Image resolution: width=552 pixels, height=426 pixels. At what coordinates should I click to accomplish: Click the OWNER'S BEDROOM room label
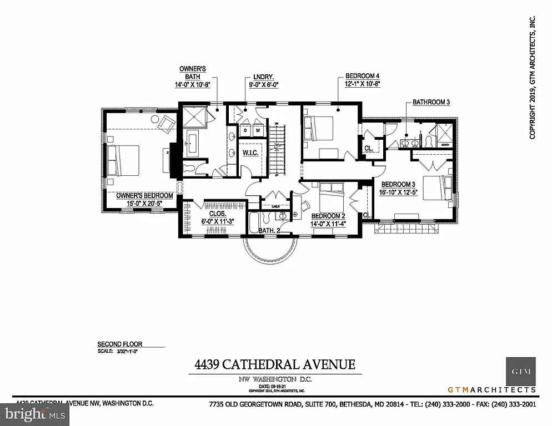144,196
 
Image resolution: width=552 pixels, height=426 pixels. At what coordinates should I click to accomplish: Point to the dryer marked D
245,130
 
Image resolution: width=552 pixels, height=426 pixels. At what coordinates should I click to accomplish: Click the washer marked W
258,130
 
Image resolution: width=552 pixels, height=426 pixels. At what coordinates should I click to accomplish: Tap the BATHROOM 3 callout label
430,103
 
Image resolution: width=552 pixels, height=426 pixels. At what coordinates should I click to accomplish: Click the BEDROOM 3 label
398,184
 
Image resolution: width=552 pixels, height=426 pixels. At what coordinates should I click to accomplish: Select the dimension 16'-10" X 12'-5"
398,192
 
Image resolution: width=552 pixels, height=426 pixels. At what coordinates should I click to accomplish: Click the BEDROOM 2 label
329,216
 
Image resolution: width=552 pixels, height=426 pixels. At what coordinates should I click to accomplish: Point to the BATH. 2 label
269,230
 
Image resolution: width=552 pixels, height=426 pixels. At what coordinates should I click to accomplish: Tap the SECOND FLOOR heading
117,344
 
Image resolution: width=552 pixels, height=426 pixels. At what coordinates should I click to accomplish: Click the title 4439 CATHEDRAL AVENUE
274,364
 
